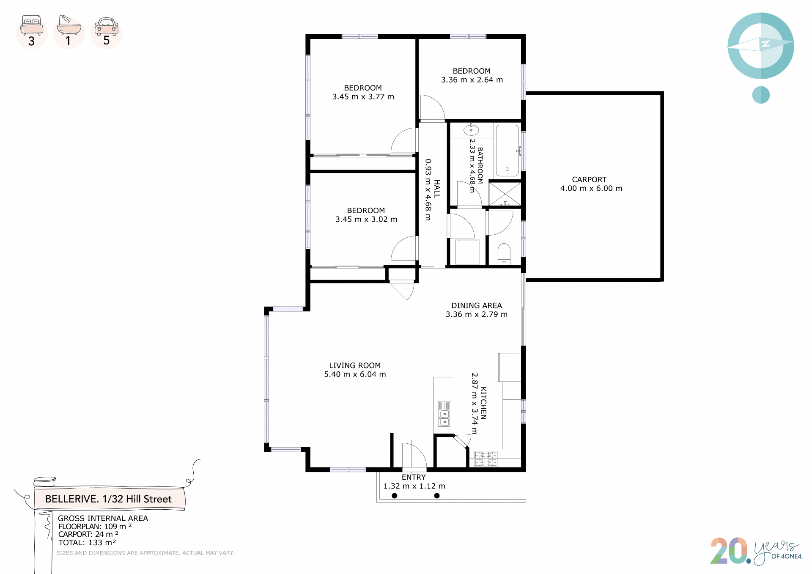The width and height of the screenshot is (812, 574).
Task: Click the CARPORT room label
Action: pos(589,180)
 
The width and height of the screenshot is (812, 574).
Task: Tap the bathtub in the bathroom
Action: pos(507,150)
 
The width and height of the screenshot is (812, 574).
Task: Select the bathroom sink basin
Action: pos(471,130)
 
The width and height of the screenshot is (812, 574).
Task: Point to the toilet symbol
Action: pos(504,253)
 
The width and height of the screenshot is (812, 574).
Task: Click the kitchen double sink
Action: pos(444,414)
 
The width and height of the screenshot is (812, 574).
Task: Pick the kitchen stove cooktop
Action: pos(485,459)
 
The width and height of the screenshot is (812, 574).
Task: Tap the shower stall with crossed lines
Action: pos(505,194)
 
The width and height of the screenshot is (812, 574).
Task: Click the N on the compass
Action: pos(765,44)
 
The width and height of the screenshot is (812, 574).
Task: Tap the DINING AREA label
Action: pos(477,305)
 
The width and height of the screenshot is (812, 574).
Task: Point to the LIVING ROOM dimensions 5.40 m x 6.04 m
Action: pos(355,374)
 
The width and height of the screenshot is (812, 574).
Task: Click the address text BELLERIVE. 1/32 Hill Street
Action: pos(108,499)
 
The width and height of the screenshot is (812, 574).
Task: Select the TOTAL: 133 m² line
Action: pos(87,543)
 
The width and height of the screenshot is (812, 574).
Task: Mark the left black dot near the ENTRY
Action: pos(395,496)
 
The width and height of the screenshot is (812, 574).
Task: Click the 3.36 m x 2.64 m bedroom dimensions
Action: pos(472,80)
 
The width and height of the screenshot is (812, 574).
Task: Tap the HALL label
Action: pos(437,189)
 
